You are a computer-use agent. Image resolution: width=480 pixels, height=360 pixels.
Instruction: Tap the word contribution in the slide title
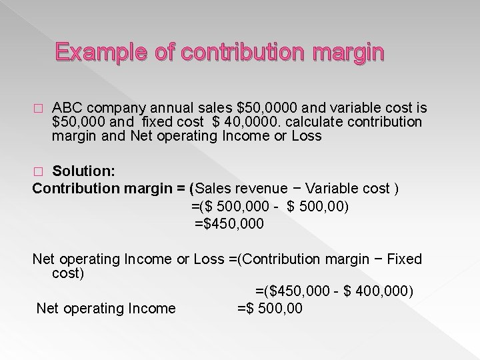[x=234, y=51]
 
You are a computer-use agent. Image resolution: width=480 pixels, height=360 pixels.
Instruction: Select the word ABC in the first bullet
[x=66, y=109]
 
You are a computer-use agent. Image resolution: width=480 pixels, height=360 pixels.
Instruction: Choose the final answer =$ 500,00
[x=270, y=308]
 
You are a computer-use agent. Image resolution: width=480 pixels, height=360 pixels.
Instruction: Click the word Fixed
[x=404, y=258]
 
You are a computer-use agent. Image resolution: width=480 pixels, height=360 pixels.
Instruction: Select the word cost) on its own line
[x=67, y=273]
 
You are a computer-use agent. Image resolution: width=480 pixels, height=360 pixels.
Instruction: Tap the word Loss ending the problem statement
[x=307, y=136]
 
